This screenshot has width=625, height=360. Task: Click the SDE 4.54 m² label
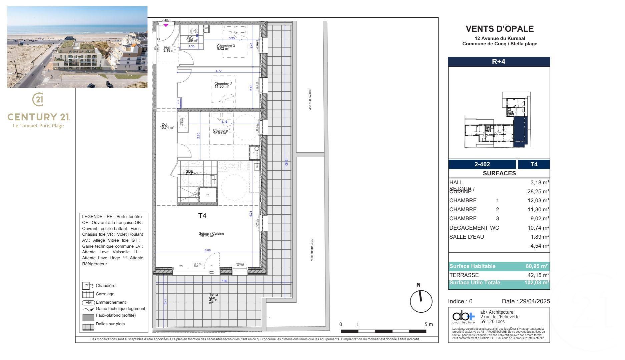pos(191,173)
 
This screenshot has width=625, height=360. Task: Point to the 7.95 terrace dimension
pos(224,281)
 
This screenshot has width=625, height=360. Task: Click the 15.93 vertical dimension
pos(286,162)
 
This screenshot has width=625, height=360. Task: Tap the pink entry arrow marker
pos(166,25)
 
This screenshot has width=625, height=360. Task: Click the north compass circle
pos(421,301)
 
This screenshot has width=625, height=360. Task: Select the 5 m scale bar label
pos(429,324)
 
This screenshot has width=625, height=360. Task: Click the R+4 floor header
pos(499,62)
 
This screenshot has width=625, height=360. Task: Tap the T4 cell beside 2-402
pos(534,164)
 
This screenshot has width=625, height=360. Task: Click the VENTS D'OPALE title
pos(499,29)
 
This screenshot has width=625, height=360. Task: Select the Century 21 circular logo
pos(38,99)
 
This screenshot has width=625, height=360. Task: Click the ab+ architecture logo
pos(463,317)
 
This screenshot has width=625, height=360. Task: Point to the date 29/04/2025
pos(535,301)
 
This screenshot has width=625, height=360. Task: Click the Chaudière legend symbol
pos(88,286)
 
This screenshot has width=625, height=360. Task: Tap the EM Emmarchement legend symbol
pos(88,303)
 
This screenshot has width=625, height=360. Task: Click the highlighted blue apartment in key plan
pos(520,132)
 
